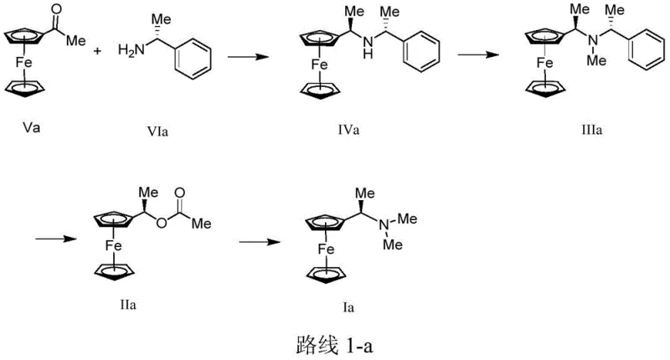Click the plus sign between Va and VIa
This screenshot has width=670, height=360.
coord(97,52)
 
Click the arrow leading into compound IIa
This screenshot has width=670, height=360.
coord(47,243)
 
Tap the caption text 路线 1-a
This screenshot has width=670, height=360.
coord(332,343)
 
